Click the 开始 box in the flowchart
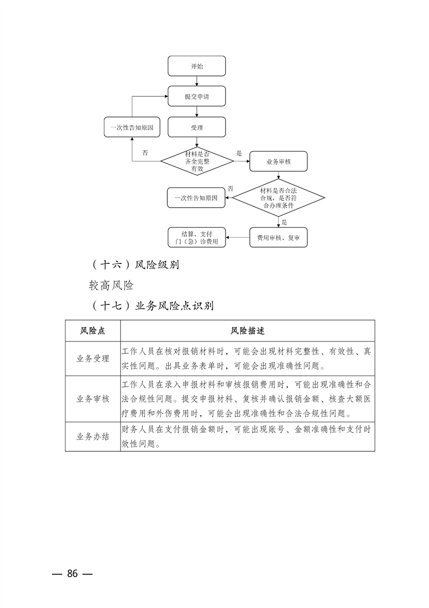click(x=196, y=66)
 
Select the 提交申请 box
click(x=196, y=96)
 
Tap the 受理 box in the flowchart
click(x=196, y=127)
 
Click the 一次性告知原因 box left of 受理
click(x=133, y=127)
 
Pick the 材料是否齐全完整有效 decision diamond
click(x=196, y=161)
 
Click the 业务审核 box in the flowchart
click(x=279, y=161)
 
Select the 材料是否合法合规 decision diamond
click(x=279, y=198)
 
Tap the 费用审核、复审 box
click(x=279, y=237)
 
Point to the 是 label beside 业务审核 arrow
click(x=239, y=153)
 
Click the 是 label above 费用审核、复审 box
click(x=285, y=222)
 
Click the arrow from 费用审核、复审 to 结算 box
click(x=237, y=237)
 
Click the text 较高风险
click(x=111, y=284)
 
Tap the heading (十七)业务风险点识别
click(x=153, y=306)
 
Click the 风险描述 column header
click(x=247, y=330)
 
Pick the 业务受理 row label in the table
click(x=93, y=358)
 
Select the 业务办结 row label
click(x=93, y=436)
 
